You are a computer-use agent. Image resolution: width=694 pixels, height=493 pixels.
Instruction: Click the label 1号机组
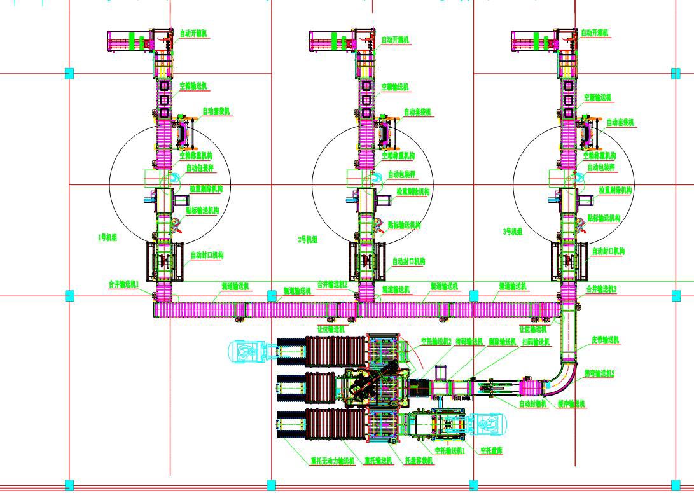pyautogui.click(x=107, y=237)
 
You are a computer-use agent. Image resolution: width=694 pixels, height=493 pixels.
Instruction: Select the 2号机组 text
pyautogui.click(x=308, y=240)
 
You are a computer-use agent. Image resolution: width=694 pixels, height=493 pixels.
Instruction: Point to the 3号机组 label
pyautogui.click(x=512, y=232)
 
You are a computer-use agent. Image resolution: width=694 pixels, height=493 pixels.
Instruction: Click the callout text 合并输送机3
pyautogui.click(x=602, y=289)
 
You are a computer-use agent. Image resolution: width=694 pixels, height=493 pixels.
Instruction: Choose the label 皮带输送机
pyautogui.click(x=605, y=340)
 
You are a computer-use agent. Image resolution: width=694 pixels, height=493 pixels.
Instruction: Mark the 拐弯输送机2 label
pyautogui.click(x=599, y=373)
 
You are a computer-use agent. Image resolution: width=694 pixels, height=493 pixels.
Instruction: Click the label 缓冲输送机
pyautogui.click(x=572, y=404)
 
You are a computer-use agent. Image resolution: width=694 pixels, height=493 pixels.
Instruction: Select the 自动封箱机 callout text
pyautogui.click(x=532, y=403)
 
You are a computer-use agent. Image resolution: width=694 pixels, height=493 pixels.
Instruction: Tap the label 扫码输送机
pyautogui.click(x=536, y=342)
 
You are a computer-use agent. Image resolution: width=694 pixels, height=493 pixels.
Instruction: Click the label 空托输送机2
pyautogui.click(x=436, y=342)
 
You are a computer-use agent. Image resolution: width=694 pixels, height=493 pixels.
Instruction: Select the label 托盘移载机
pyautogui.click(x=419, y=460)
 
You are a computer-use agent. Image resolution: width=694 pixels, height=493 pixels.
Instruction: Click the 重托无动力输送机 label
pyautogui.click(x=332, y=461)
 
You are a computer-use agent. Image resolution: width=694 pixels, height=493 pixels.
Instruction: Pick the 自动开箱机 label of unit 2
pyautogui.click(x=395, y=40)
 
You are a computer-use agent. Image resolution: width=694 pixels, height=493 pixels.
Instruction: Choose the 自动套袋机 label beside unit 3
pyautogui.click(x=620, y=122)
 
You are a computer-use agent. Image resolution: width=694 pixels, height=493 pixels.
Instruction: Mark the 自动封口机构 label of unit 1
pyautogui.click(x=207, y=255)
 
